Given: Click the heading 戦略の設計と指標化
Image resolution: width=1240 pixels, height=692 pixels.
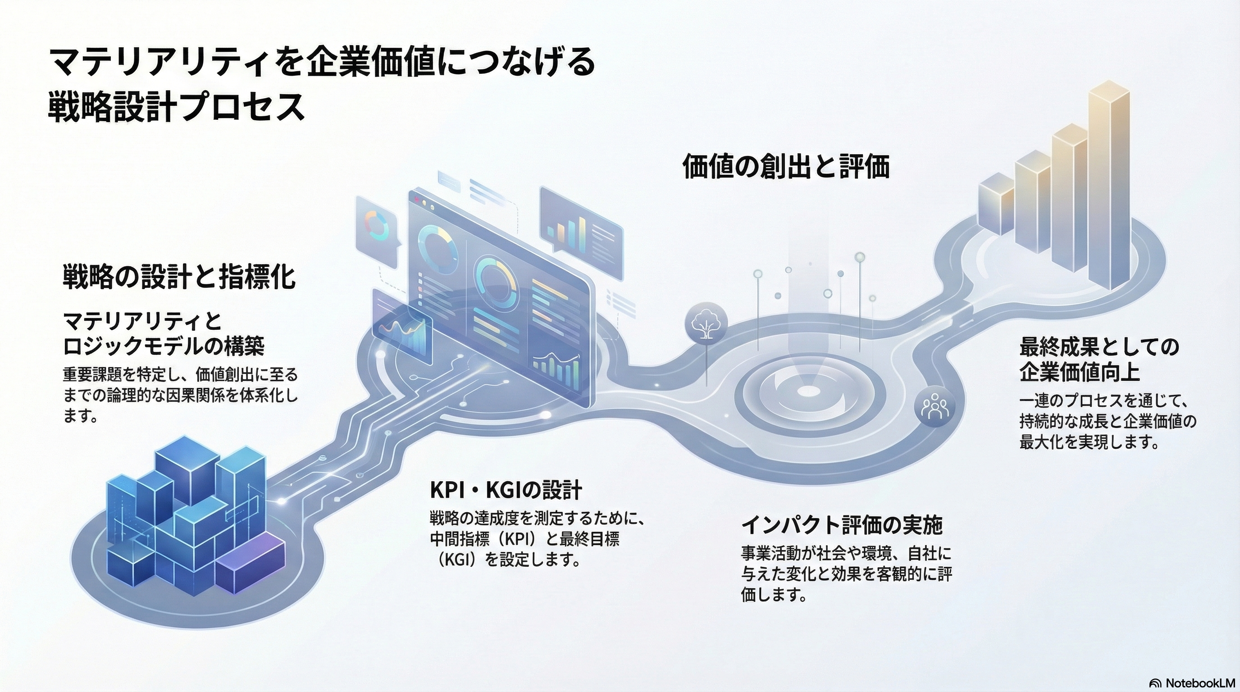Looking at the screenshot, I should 179,278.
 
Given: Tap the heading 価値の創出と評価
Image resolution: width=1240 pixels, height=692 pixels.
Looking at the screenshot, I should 786,167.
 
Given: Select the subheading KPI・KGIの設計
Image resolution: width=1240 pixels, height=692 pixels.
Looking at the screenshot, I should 506,490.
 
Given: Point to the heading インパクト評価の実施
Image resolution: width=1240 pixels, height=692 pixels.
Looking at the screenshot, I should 841,525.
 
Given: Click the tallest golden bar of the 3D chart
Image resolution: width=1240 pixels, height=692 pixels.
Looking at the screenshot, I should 1108,188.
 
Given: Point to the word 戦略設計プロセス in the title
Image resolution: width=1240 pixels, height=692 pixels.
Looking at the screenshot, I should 176,107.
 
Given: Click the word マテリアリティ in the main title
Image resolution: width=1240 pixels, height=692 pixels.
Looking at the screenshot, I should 159,63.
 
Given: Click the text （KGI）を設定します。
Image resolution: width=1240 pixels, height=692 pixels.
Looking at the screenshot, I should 506,560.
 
